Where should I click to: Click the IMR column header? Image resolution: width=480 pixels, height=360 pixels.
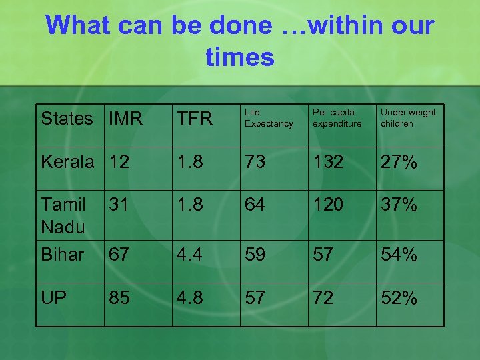tap(126, 119)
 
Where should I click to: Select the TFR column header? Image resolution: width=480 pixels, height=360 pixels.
tap(194, 119)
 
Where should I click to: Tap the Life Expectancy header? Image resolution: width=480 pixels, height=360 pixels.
tap(268, 118)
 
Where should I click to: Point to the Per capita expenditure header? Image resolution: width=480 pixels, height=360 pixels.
tap(337, 118)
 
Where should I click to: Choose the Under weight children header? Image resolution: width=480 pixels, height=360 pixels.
tap(408, 118)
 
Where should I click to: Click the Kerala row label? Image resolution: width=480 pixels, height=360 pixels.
tap(67, 162)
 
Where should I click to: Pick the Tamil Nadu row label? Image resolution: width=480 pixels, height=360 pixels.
tap(63, 215)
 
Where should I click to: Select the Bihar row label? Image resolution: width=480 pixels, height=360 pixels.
tap(63, 255)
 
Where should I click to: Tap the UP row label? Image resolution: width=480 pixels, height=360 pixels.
tap(53, 298)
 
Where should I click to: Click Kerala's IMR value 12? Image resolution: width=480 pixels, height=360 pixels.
tap(120, 162)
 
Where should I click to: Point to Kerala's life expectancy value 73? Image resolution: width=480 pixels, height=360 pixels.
tap(255, 162)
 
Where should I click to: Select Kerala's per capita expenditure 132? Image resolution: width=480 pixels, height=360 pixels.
tap(328, 162)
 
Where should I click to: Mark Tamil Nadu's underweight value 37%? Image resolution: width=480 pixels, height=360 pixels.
tap(399, 205)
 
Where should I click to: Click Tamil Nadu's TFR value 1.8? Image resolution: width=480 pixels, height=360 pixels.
tap(189, 205)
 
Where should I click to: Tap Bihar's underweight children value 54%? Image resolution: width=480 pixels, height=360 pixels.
tap(399, 255)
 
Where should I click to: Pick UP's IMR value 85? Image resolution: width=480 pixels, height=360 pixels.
tap(120, 298)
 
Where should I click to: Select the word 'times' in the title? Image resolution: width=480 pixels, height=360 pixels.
tap(240, 57)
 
